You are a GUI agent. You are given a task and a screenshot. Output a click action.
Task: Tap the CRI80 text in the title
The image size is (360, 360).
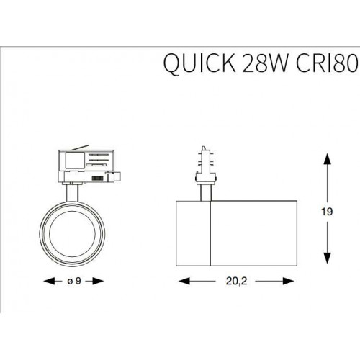click(x=319, y=66)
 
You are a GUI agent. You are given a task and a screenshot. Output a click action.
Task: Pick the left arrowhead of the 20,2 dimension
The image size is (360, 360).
click(x=179, y=281)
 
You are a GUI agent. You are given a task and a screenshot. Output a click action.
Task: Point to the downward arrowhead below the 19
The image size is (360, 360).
click(x=327, y=261)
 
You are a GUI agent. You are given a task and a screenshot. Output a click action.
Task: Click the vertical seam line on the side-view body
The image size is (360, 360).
click(x=210, y=230)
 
